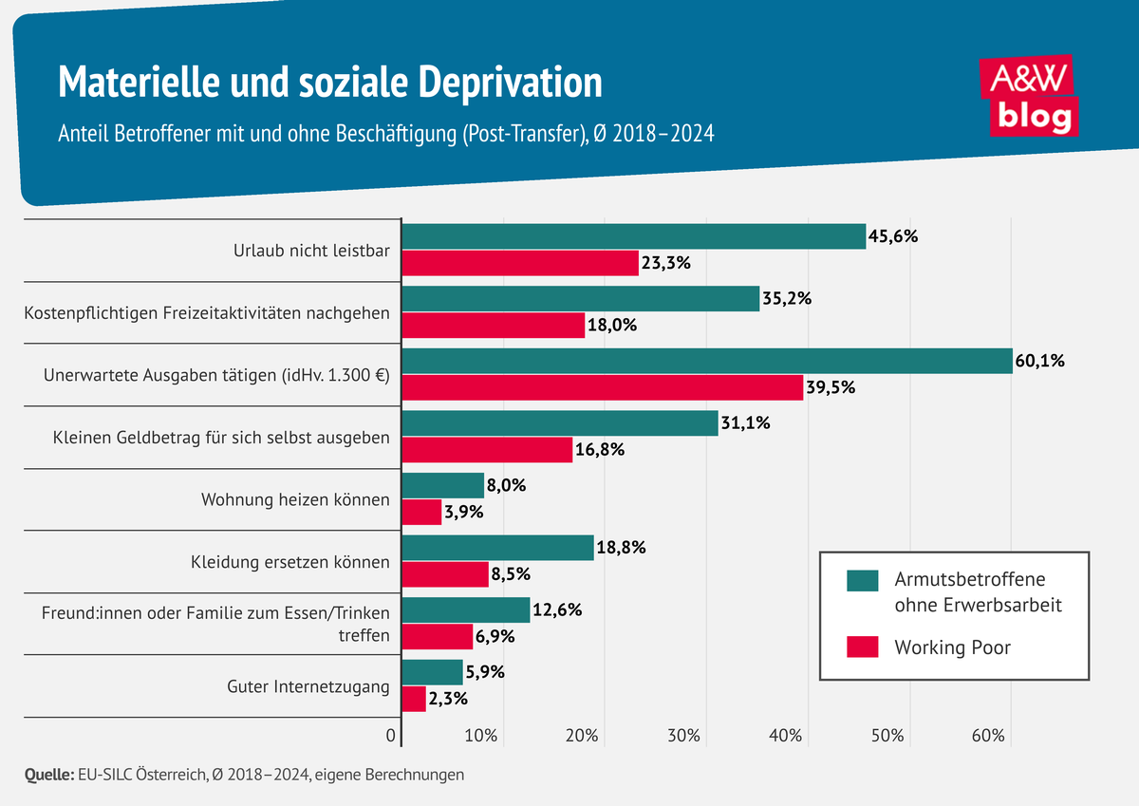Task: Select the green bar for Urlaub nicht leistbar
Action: [634, 236]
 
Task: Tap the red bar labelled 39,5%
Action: [603, 386]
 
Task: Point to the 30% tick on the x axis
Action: [683, 736]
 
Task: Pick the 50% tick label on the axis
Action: [887, 736]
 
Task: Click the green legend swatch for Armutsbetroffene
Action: [863, 579]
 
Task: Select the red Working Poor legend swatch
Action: [863, 648]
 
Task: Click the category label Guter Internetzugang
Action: [308, 686]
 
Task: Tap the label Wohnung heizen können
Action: [295, 499]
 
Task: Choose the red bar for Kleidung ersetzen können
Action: [445, 573]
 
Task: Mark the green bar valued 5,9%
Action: [433, 672]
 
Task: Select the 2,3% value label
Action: [452, 699]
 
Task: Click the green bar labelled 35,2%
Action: [581, 299]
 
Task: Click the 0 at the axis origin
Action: [390, 736]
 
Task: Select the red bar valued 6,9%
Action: [438, 636]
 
